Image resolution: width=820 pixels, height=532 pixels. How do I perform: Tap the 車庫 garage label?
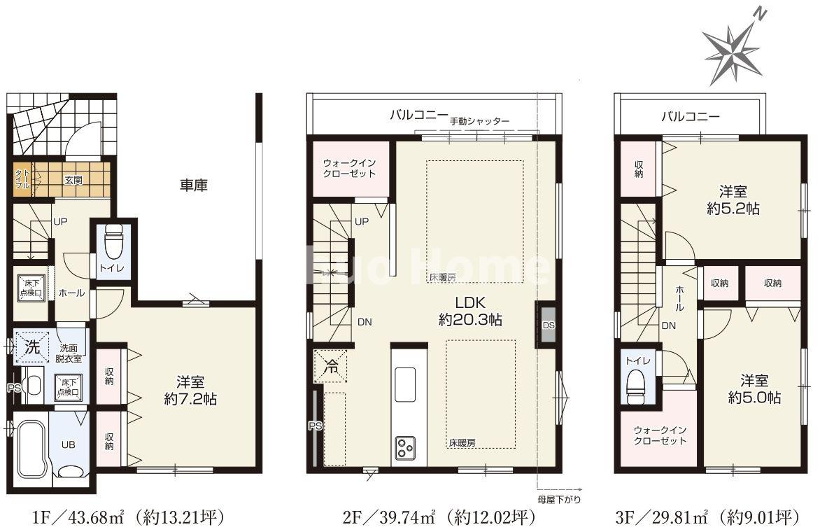pyautogui.click(x=194, y=185)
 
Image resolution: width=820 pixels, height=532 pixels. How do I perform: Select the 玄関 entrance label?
pyautogui.click(x=73, y=180)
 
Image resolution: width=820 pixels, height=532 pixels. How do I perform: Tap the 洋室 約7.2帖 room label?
pyautogui.click(x=190, y=390)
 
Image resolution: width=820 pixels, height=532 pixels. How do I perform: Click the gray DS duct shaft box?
pyautogui.click(x=546, y=325)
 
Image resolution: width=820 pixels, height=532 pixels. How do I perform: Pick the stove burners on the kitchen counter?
pyautogui.click(x=407, y=447)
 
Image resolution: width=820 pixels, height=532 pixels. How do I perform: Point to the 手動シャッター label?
pyautogui.click(x=479, y=120)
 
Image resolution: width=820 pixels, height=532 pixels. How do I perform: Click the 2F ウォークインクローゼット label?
pyautogui.click(x=349, y=168)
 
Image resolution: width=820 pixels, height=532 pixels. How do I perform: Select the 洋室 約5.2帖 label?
pyautogui.click(x=733, y=199)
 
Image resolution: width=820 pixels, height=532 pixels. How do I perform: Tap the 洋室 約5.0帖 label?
pyautogui.click(x=754, y=389)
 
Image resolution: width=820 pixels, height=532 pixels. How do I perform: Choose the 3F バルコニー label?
pyautogui.click(x=690, y=117)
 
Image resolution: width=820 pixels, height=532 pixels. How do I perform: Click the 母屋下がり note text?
pyautogui.click(x=558, y=499)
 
